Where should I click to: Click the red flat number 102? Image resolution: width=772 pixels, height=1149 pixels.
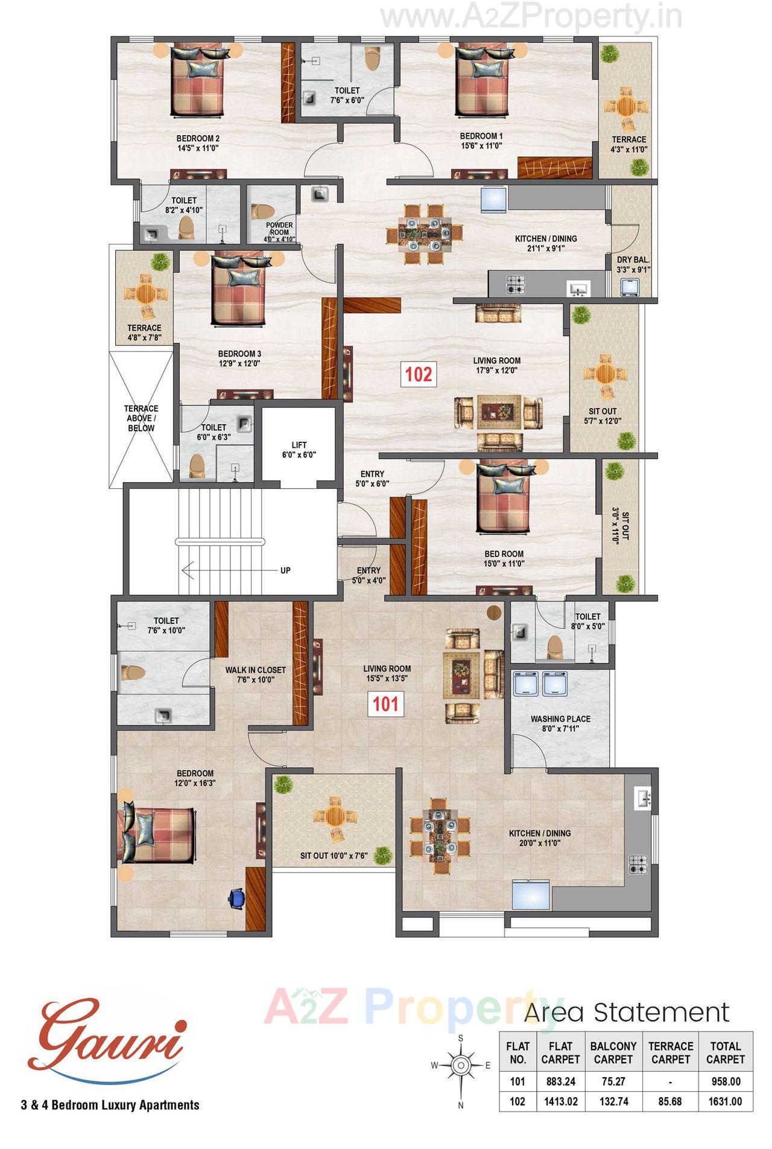tap(419, 374)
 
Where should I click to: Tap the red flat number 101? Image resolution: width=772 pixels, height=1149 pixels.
tap(385, 704)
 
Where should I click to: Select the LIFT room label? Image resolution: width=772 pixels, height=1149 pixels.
tap(299, 450)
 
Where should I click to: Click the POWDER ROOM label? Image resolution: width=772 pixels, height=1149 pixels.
tap(279, 229)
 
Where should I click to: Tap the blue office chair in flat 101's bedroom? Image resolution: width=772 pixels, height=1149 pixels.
tap(236, 897)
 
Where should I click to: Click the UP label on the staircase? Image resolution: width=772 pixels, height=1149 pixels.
tap(285, 570)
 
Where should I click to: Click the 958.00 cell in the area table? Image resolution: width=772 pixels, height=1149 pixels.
tap(725, 1081)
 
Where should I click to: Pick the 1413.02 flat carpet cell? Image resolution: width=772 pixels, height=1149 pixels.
tap(561, 1101)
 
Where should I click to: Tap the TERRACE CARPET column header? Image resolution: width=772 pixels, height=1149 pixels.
tap(671, 1052)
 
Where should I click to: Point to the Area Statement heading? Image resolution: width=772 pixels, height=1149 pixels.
tap(627, 1012)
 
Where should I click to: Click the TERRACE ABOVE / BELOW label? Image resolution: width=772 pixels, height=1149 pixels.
tap(141, 418)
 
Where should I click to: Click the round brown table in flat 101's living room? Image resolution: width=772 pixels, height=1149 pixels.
tap(495, 613)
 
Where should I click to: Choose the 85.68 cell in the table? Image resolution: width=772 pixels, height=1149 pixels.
tap(671, 1101)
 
